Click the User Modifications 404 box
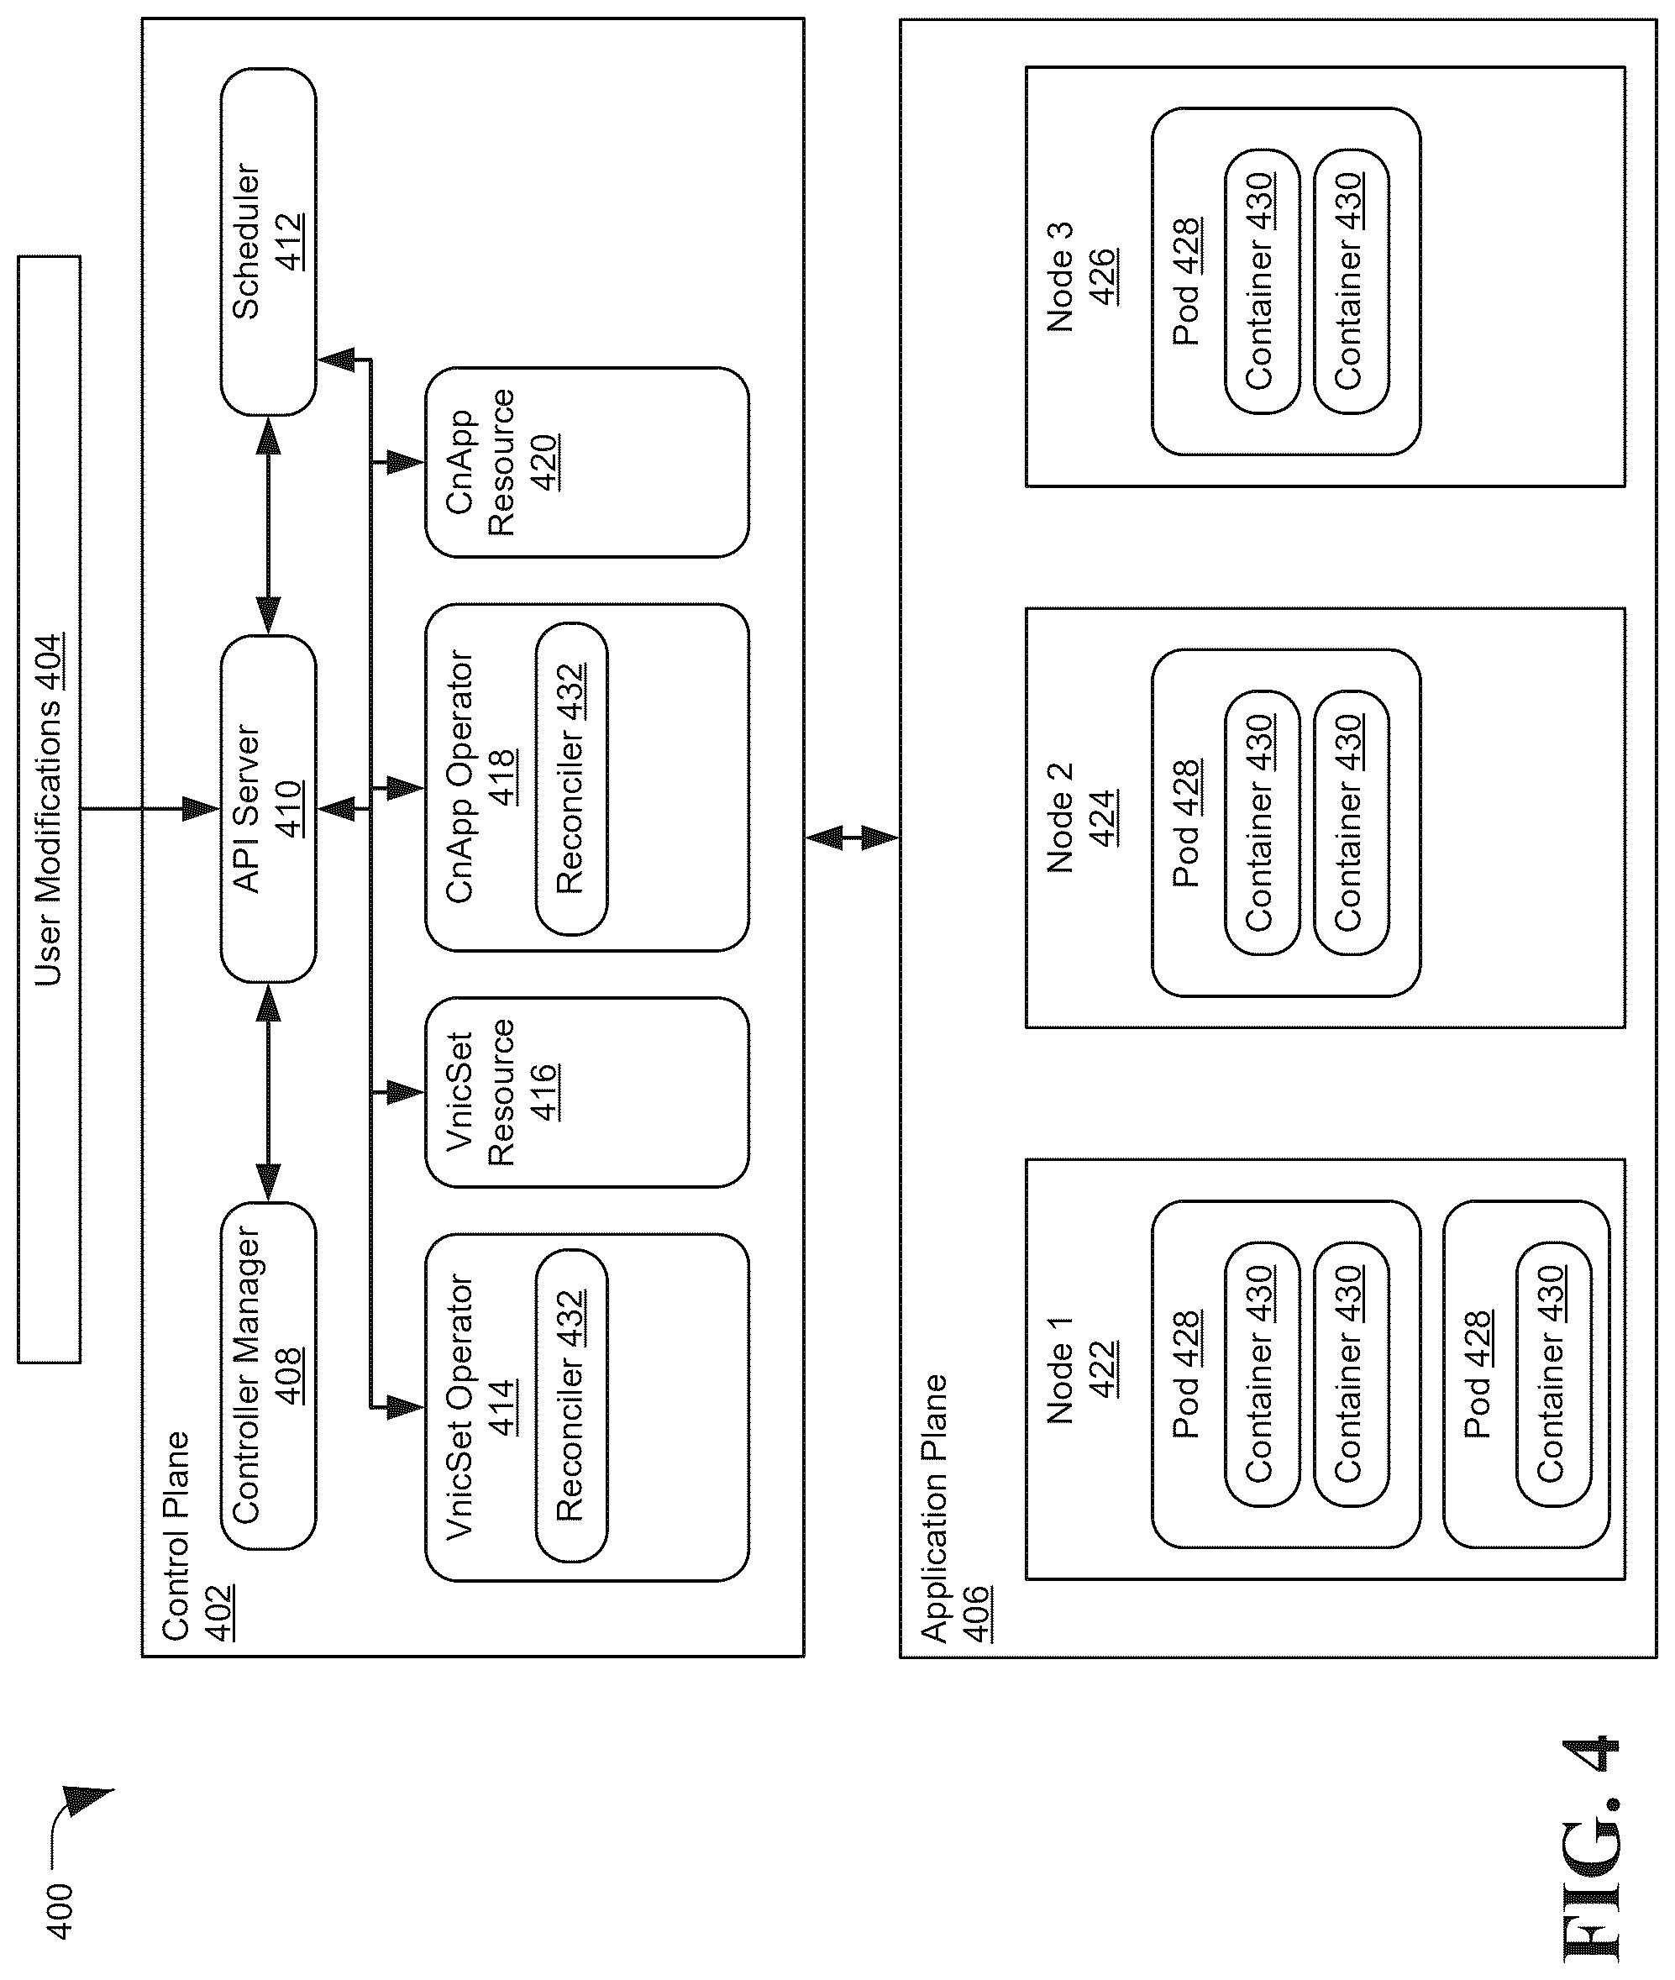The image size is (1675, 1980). [49, 809]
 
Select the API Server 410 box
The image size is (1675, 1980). [269, 809]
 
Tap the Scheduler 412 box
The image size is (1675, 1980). [269, 241]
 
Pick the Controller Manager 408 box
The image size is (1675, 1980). [269, 1376]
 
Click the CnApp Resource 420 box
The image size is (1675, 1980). [587, 463]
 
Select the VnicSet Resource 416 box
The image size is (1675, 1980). [587, 1092]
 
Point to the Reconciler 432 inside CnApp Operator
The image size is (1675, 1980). [571, 779]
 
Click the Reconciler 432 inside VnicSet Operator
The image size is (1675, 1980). [571, 1405]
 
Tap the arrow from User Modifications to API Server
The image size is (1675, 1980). [150, 809]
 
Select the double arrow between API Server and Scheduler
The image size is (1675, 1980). [269, 525]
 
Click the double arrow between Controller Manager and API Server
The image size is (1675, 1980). [269, 1092]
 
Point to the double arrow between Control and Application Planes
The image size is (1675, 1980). [852, 838]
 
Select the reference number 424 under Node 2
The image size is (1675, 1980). [1102, 817]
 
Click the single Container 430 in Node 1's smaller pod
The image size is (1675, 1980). [1553, 1374]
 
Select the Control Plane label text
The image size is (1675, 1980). [176, 1536]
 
